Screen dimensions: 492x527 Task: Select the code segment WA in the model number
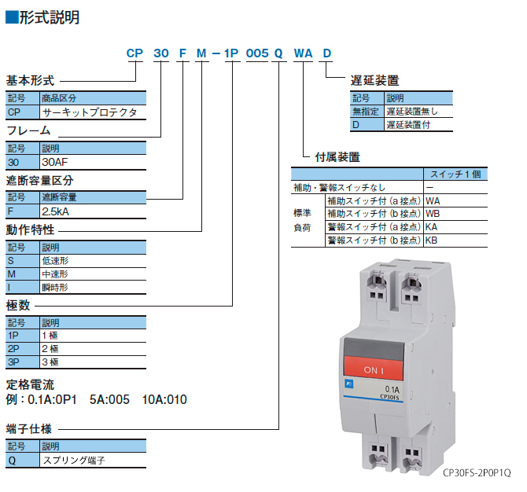[303, 53]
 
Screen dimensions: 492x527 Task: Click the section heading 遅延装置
[374, 80]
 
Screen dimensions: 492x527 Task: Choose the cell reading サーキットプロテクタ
[89, 113]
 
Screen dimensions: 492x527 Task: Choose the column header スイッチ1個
[455, 174]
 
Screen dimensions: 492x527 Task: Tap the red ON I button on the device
[374, 369]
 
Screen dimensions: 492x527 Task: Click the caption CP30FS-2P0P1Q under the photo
[477, 473]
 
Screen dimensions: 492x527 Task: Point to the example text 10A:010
[164, 399]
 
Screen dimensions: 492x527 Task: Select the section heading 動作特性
[31, 229]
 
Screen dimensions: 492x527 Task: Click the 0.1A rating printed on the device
[392, 388]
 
